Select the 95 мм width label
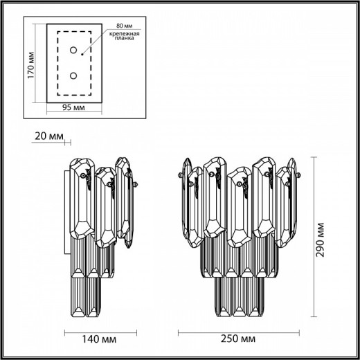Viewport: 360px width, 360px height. (x=73, y=109)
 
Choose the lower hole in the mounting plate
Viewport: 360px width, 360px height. (x=73, y=75)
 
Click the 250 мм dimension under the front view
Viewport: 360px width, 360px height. (x=232, y=339)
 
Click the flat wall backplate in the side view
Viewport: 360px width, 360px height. (x=68, y=208)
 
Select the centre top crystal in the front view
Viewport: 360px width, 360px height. (x=240, y=208)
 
